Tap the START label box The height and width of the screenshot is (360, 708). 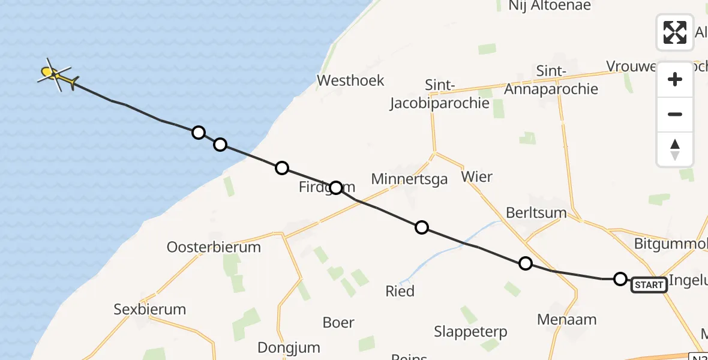coord(649,285)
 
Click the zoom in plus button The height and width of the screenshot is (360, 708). coord(675,79)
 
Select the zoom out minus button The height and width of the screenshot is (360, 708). coord(675,114)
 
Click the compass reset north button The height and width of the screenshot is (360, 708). coord(675,149)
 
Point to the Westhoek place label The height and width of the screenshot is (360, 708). coord(350,80)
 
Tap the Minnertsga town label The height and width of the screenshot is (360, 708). coord(409,179)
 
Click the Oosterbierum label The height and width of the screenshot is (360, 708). coord(214,247)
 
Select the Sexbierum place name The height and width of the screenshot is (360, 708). coord(150,310)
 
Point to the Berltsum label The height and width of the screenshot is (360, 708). coord(537,213)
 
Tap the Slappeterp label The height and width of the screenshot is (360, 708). coord(470,331)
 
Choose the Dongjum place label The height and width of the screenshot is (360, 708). coord(289,347)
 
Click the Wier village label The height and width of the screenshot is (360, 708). coord(477,176)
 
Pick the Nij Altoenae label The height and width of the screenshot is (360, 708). coord(550,6)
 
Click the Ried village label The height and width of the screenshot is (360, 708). coord(400,291)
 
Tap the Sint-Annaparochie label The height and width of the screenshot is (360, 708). coord(551,80)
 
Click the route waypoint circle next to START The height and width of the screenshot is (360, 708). coord(620,279)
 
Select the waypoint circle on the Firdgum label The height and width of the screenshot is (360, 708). coord(336,188)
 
